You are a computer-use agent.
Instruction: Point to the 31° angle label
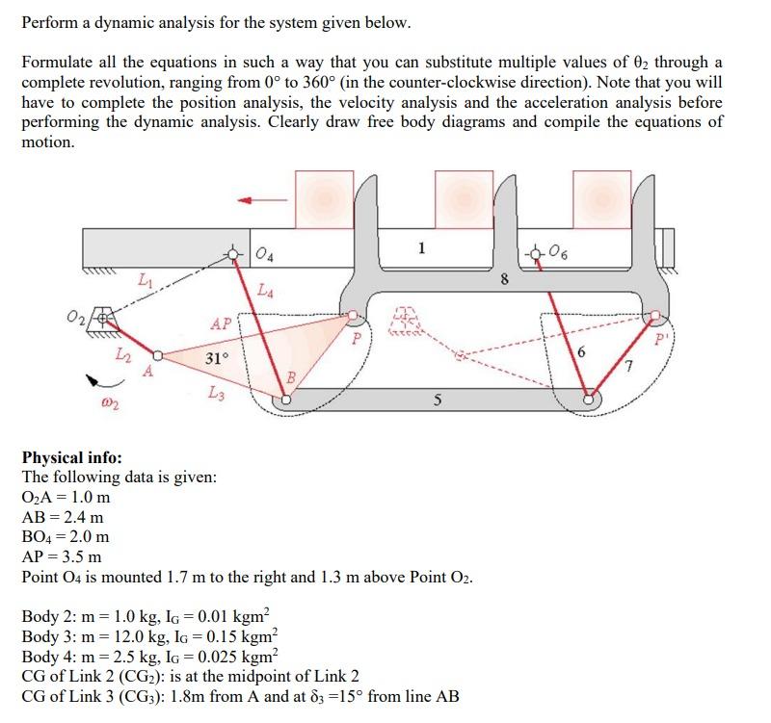click(217, 358)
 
